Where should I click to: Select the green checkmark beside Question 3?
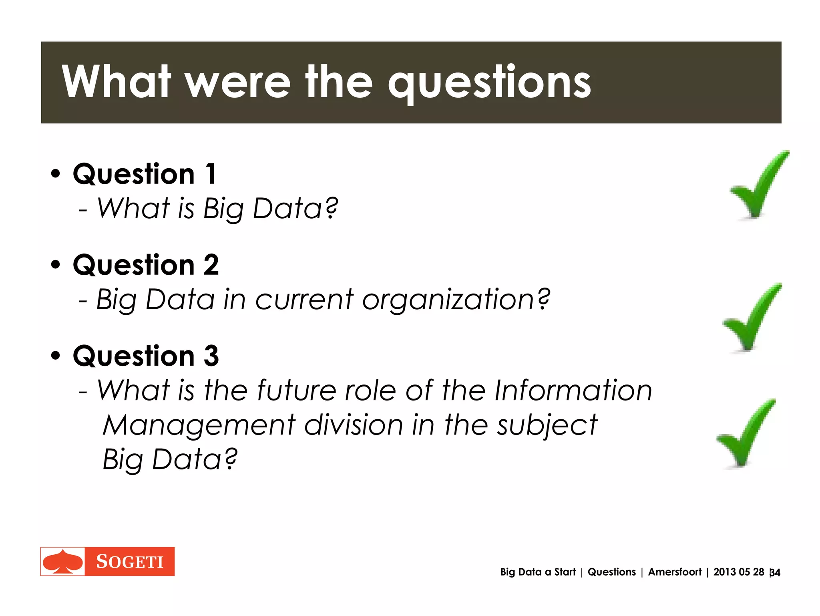[x=744, y=435]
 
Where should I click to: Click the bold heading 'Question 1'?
[x=145, y=174]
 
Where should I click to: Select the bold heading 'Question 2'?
[x=146, y=265]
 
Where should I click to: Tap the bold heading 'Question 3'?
[x=146, y=356]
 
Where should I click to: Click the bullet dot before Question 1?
[x=56, y=174]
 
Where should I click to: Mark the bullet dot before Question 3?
[x=56, y=356]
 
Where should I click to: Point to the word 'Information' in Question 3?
[x=573, y=391]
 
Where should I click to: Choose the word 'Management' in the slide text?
[x=199, y=425]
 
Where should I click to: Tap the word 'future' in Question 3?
[x=296, y=391]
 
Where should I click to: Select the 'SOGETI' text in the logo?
[x=130, y=562]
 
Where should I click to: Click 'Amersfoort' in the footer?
[x=675, y=572]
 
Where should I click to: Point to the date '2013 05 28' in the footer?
[x=738, y=572]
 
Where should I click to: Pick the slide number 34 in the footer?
[x=775, y=573]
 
